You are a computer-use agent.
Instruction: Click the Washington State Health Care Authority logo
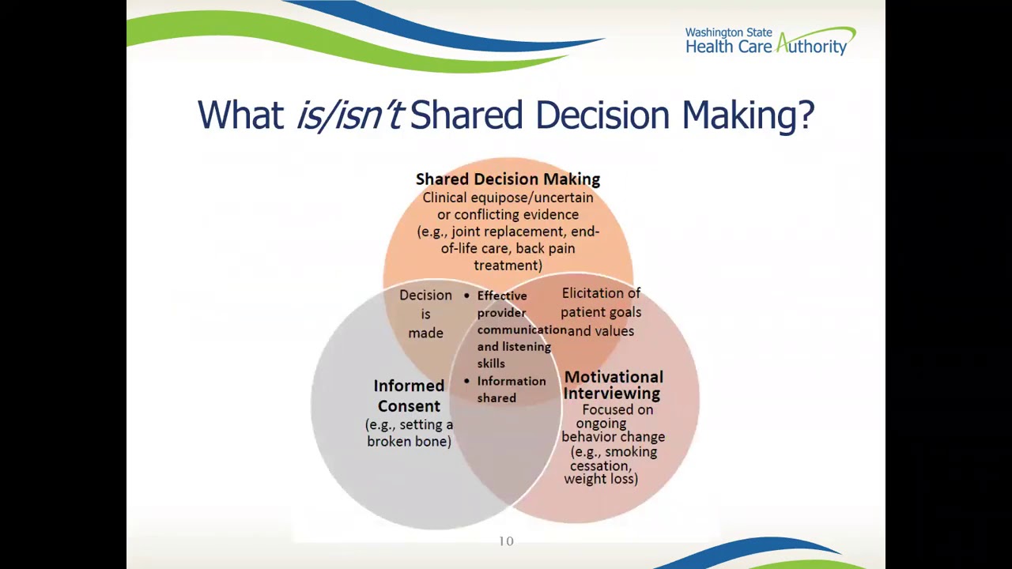[x=769, y=41]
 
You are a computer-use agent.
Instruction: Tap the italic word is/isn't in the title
[x=350, y=115]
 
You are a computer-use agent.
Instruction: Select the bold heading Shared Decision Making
[x=508, y=179]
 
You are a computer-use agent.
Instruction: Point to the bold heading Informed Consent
[x=409, y=395]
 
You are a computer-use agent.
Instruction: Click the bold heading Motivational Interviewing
[x=613, y=385]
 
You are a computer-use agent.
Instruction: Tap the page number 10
[x=506, y=541]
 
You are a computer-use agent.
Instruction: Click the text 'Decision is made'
[x=425, y=314]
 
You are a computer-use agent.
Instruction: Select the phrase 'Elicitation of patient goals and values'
[x=601, y=312]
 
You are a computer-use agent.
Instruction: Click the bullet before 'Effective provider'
[x=466, y=296]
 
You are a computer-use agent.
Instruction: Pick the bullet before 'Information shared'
[x=466, y=381]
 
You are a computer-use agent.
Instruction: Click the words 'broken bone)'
[x=409, y=442]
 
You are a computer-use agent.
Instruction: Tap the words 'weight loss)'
[x=601, y=479]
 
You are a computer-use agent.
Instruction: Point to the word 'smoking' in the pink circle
[x=630, y=452]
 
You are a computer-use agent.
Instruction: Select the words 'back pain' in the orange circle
[x=545, y=248]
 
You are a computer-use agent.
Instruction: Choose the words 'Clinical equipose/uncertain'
[x=508, y=198]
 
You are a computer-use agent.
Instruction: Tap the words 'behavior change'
[x=613, y=437]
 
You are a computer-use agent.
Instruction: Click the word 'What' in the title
[x=240, y=115]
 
